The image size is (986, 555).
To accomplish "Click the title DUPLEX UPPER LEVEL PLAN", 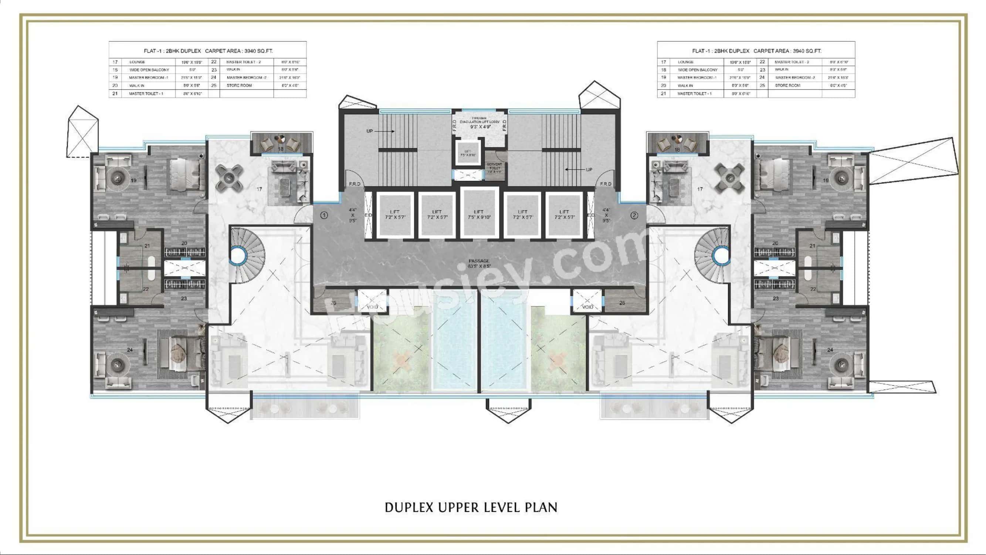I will click(471, 507).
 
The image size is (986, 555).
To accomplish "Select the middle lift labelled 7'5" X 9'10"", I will click(479, 214).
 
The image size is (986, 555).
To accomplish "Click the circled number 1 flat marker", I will click(324, 215).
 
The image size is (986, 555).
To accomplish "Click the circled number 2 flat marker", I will click(634, 215).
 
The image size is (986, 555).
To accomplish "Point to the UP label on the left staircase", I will click(370, 131).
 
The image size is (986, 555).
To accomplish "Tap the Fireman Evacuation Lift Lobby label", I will click(480, 122).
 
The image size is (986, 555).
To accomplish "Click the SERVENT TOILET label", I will click(494, 166).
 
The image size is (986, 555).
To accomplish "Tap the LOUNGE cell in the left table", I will click(137, 62).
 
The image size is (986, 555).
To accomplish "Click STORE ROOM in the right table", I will click(787, 85).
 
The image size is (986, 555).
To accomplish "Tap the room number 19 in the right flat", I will click(826, 181).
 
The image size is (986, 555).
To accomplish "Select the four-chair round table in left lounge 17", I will click(229, 178).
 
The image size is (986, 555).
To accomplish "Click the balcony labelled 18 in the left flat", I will click(281, 144).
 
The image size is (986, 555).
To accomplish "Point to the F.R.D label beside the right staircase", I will click(605, 184).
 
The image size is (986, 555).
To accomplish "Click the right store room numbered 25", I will click(622, 303).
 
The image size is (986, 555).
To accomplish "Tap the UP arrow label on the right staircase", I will click(589, 169).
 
